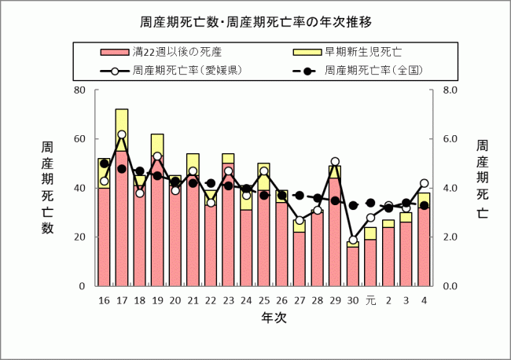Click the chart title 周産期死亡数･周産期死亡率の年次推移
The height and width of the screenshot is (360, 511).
click(256, 20)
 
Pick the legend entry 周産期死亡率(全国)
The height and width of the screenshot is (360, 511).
click(374, 70)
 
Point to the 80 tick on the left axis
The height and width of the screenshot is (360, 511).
click(79, 90)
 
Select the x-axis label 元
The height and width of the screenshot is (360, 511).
click(370, 301)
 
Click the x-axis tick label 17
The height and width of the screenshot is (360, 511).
click(122, 301)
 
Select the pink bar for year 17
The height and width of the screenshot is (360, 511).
click(122, 220)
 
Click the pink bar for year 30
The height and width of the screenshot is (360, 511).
click(352, 267)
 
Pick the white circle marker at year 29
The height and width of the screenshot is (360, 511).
click(335, 162)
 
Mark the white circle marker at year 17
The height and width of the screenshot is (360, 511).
click(122, 134)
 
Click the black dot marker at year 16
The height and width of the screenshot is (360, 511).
click(104, 163)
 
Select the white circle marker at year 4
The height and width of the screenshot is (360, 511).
click(424, 183)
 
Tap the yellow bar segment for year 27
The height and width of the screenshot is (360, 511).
click(299, 226)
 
